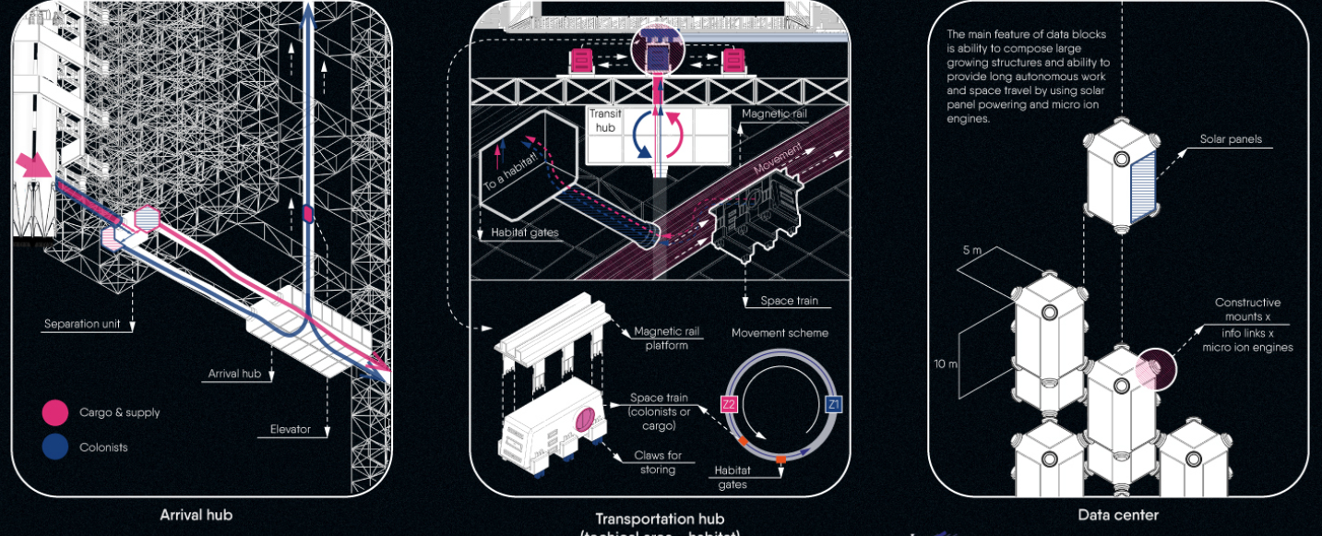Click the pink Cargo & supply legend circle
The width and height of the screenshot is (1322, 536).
pos(55,412)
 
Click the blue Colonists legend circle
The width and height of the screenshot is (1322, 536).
pos(55,447)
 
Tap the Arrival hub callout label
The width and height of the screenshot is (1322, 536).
pos(236,374)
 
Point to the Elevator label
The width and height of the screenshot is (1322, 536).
pos(290,429)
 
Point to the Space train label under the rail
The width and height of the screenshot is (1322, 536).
pos(788,301)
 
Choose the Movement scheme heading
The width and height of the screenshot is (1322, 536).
pos(780,332)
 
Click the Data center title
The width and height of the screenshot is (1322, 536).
pos(1118,515)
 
